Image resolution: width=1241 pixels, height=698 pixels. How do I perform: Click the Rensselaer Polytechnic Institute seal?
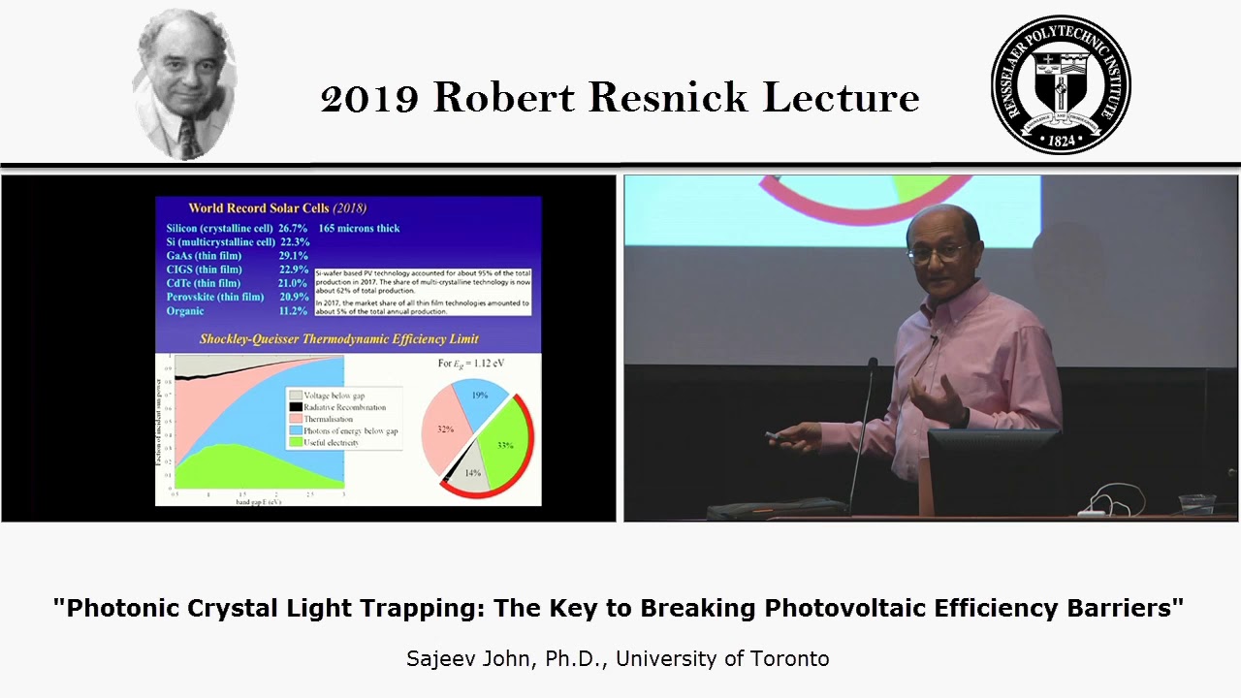coord(1061,84)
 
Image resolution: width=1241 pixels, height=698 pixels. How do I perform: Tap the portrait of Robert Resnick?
coord(184,84)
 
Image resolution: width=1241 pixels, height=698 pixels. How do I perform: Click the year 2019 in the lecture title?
coord(369,98)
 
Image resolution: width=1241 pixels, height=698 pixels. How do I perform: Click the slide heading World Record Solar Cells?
coord(277,207)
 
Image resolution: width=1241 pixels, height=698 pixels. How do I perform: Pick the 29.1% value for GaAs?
coord(294,255)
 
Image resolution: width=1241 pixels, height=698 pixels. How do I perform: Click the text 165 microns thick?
coord(359,228)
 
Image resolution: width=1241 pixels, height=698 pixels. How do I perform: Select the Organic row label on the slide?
coord(185,311)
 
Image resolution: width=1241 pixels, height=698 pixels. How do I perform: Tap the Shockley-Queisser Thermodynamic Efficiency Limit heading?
coord(338,339)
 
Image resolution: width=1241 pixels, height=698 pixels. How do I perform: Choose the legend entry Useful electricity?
coord(331,442)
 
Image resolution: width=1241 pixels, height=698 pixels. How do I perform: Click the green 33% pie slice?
coord(503,445)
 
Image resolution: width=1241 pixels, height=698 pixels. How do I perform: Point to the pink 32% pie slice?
coord(444,431)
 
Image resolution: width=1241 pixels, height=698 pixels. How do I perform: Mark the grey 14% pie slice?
coord(469,470)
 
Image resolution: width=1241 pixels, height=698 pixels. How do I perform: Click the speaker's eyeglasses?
coord(937,251)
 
